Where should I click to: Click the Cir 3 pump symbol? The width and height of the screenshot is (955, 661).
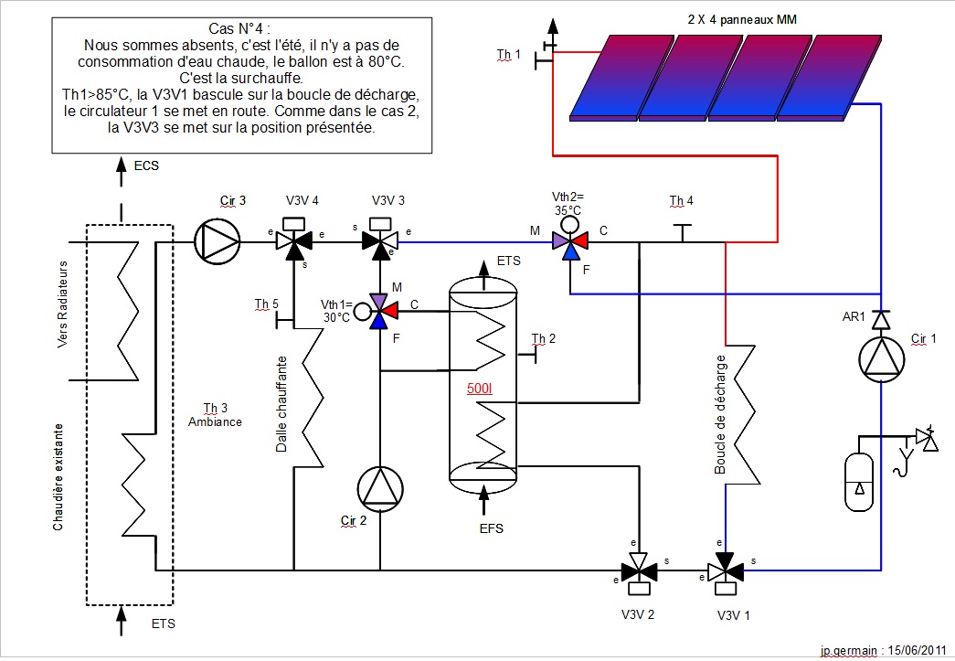click(217, 242)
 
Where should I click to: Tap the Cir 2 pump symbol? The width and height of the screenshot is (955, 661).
click(380, 488)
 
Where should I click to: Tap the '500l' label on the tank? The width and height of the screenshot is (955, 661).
click(480, 389)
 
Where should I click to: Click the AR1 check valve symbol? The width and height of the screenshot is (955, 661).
click(881, 319)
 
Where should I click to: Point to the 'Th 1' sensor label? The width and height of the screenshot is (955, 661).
click(508, 55)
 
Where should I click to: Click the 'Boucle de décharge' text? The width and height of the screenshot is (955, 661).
click(720, 414)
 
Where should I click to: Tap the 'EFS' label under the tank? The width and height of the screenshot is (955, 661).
click(491, 528)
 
